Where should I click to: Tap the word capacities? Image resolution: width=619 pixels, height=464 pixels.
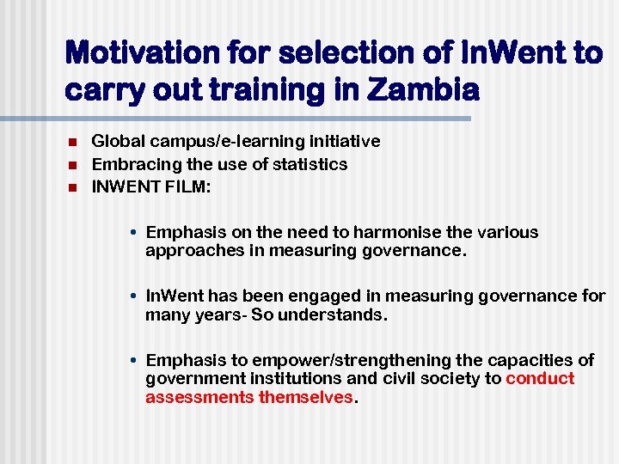coord(531,360)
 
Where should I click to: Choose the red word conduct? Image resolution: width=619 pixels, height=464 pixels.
coord(540,379)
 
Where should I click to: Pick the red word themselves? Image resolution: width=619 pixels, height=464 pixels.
coord(306,398)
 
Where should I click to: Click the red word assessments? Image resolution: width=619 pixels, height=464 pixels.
coord(199,398)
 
